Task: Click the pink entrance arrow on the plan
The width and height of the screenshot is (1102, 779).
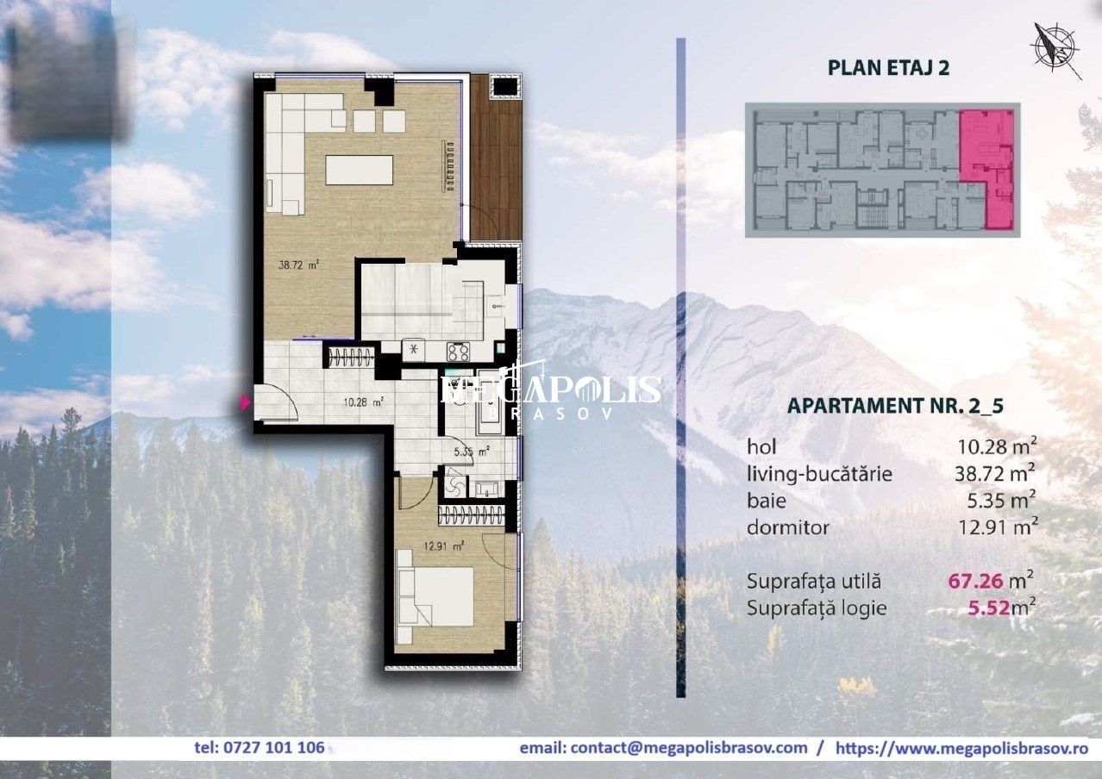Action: [x=246, y=402]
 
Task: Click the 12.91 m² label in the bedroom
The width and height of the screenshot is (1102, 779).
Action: [x=448, y=545]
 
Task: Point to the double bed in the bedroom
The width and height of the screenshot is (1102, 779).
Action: [x=435, y=596]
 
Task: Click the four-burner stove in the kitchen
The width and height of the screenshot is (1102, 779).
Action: [x=457, y=352]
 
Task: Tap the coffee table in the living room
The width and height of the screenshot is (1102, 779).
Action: [x=359, y=169]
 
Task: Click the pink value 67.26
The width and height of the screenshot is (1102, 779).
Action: [x=978, y=581]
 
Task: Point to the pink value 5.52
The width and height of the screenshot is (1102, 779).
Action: [x=988, y=608]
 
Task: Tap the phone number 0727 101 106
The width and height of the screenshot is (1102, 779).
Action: [x=260, y=748]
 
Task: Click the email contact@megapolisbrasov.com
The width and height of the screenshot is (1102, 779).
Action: [x=664, y=748]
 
